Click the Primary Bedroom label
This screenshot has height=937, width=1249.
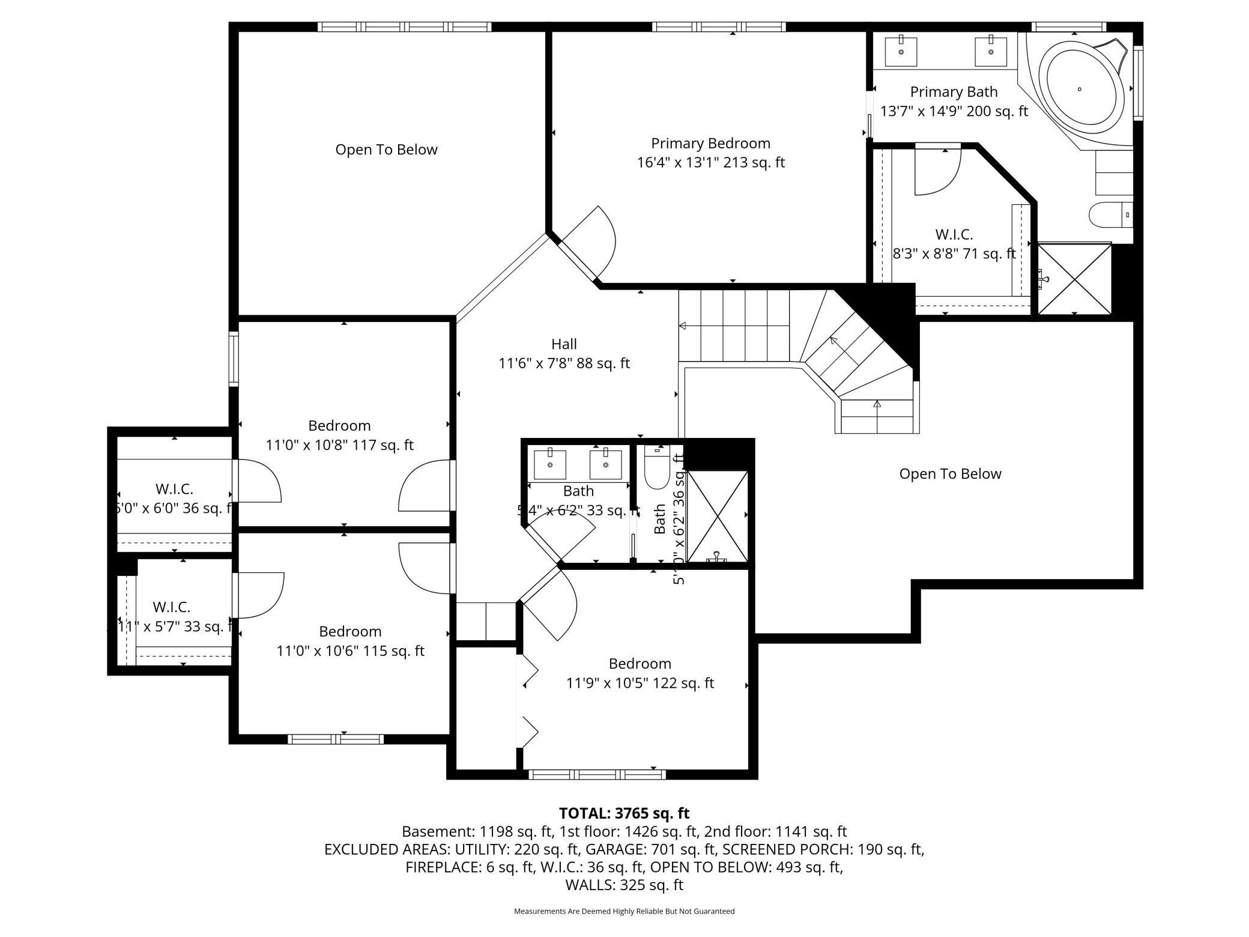click(710, 144)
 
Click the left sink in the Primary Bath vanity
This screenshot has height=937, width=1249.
click(901, 52)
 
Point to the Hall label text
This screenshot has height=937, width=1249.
click(564, 344)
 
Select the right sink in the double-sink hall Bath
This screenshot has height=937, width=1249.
click(605, 464)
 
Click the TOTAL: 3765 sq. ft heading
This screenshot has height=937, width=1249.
click(624, 813)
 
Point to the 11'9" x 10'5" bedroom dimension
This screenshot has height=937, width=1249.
click(640, 683)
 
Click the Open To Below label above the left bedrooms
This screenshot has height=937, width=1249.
click(386, 150)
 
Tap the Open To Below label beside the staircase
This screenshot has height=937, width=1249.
click(950, 474)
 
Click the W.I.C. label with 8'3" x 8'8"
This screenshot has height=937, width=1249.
click(954, 234)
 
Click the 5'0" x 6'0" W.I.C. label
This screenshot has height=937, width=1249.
click(174, 489)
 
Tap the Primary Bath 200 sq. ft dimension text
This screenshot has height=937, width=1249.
click(954, 111)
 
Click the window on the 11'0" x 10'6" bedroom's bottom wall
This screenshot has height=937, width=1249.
click(336, 739)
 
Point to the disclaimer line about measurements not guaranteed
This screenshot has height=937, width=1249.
click(624, 911)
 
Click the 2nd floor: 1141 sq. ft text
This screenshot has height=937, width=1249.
click(775, 832)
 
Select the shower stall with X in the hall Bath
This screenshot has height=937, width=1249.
click(718, 516)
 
